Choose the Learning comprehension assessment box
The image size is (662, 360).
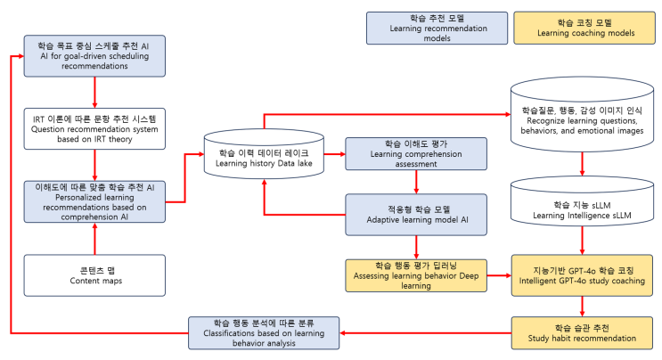pyautogui.click(x=417, y=154)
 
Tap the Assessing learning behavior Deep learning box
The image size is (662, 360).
pyautogui.click(x=417, y=275)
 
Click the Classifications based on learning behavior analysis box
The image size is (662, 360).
pyautogui.click(x=265, y=332)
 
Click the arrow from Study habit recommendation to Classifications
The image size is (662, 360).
pyautogui.click(x=427, y=333)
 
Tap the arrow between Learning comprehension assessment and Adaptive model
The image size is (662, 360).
pyautogui.click(x=417, y=183)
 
